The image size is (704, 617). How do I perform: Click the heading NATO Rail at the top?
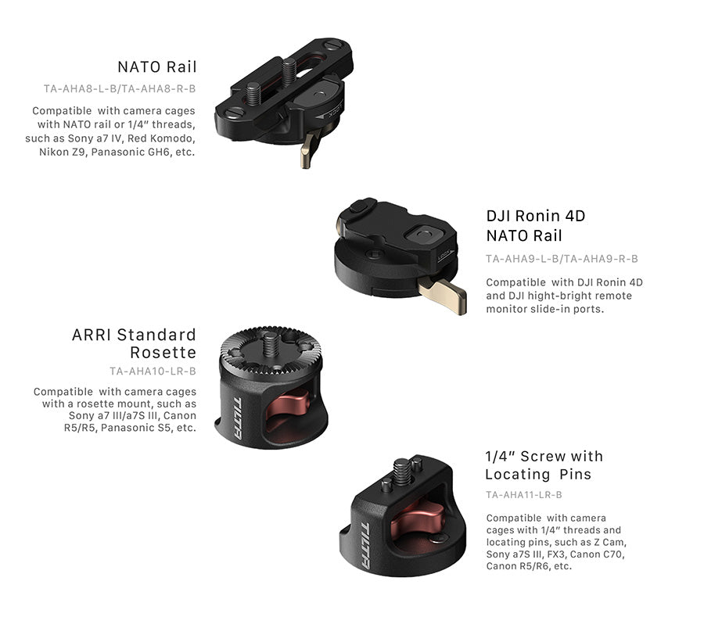157,66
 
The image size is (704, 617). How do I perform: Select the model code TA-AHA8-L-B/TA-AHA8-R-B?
120,89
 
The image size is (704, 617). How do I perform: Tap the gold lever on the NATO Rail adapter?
310,149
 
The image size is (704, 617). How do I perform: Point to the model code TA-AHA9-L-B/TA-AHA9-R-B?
562,259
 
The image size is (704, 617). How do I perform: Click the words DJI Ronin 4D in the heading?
536,216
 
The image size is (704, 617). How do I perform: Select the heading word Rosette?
163,353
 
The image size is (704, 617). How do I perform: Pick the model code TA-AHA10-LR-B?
153,371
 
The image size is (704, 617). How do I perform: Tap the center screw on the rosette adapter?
270,344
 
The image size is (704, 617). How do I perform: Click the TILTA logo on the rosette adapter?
238,418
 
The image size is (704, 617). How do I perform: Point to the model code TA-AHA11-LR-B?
524,495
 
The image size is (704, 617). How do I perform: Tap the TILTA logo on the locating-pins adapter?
366,546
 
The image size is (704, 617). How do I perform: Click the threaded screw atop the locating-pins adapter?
402,472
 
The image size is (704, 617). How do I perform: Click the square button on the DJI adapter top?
423,234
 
